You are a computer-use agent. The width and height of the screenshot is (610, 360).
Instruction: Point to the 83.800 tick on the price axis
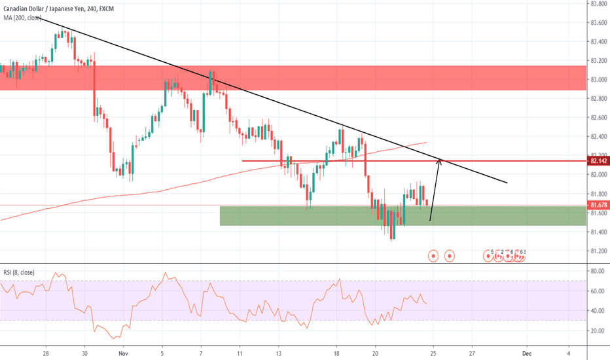[x=597, y=3]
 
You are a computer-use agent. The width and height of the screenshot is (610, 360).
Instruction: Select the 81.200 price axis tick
[x=597, y=251]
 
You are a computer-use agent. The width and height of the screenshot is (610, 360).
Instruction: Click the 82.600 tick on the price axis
[x=597, y=118]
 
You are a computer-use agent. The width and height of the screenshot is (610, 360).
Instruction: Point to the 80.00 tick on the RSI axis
[x=597, y=270]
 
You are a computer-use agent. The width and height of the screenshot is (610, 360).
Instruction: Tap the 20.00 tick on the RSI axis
[x=597, y=331]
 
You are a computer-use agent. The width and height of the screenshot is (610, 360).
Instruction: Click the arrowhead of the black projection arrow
[x=440, y=161]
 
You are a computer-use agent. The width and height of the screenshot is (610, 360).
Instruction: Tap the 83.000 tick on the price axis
[x=597, y=79]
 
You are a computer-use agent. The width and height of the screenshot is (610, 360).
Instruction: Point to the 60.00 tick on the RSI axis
[x=597, y=291]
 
